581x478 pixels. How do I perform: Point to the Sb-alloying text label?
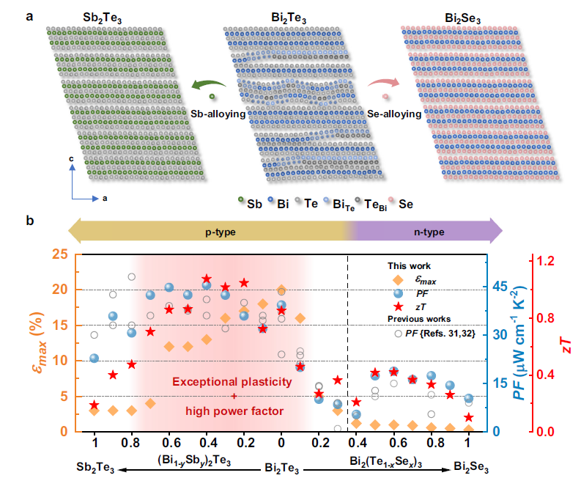(x=218, y=114)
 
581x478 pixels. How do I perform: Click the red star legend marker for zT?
(x=397, y=306)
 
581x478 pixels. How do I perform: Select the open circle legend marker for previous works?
(x=397, y=333)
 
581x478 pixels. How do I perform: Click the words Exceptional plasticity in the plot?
(x=233, y=382)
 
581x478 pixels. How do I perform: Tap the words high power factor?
(x=234, y=411)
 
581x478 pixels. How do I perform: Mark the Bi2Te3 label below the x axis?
(x=281, y=466)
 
